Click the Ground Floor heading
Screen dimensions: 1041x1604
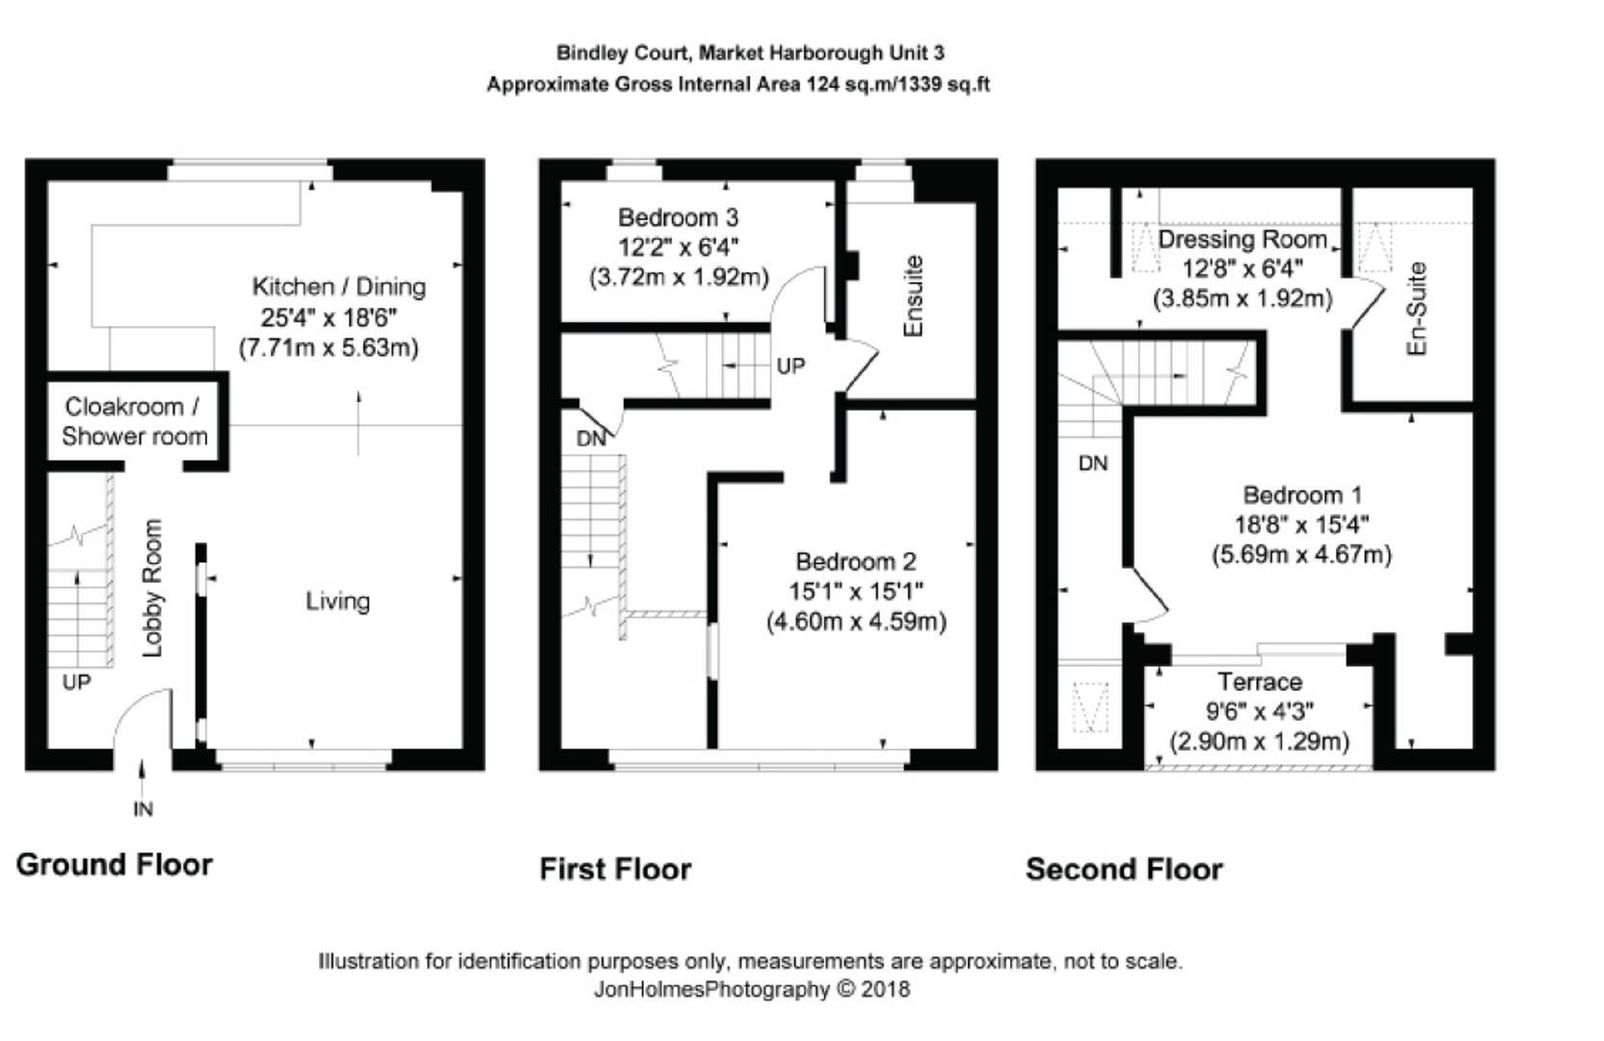click(114, 865)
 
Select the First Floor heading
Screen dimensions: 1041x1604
click(615, 869)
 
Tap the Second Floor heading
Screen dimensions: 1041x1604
click(1123, 869)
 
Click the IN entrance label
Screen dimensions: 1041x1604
click(143, 810)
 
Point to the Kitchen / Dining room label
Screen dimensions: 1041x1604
click(338, 286)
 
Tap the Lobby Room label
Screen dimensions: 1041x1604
click(152, 588)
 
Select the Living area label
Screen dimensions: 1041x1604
click(337, 601)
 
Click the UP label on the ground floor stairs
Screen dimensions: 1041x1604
click(76, 682)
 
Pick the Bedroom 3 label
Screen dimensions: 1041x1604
click(678, 217)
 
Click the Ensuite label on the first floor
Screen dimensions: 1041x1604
click(914, 296)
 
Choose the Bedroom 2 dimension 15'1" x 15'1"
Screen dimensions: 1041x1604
click(856, 591)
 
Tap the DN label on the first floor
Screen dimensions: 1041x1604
click(591, 439)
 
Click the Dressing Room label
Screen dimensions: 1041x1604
click(1242, 239)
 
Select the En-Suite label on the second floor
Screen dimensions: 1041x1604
click(1416, 308)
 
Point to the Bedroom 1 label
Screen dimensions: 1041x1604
click(1301, 495)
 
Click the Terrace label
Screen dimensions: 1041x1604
click(1259, 682)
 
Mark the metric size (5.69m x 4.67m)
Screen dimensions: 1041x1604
click(1301, 555)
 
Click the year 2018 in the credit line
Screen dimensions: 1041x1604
click(885, 989)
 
